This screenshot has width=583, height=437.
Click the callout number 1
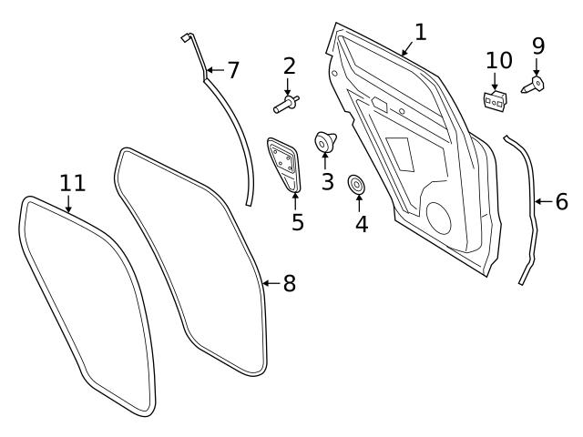tap(420, 32)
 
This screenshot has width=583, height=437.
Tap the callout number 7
tap(233, 70)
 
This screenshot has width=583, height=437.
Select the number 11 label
tap(73, 183)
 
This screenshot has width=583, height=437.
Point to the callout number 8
tap(290, 283)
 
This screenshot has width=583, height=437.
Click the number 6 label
tap(562, 201)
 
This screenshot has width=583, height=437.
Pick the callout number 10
tap(499, 60)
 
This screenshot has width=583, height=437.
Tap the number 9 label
tap(538, 46)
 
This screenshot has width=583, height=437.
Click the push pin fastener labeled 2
tap(287, 104)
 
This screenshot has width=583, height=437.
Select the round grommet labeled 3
tap(325, 142)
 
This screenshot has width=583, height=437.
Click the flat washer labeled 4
tap(356, 184)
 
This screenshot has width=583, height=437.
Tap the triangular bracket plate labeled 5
tap(283, 165)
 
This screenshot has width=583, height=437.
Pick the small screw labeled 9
tap(532, 85)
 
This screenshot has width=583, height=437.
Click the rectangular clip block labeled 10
tap(496, 100)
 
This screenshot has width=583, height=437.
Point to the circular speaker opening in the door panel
tap(438, 218)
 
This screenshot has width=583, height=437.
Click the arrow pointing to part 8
tap(271, 283)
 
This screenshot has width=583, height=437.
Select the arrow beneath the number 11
tap(68, 204)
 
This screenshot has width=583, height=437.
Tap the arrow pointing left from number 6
tap(544, 202)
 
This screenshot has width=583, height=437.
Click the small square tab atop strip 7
tap(186, 37)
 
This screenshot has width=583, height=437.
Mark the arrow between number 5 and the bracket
tap(295, 201)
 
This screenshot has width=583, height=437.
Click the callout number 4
tap(362, 224)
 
